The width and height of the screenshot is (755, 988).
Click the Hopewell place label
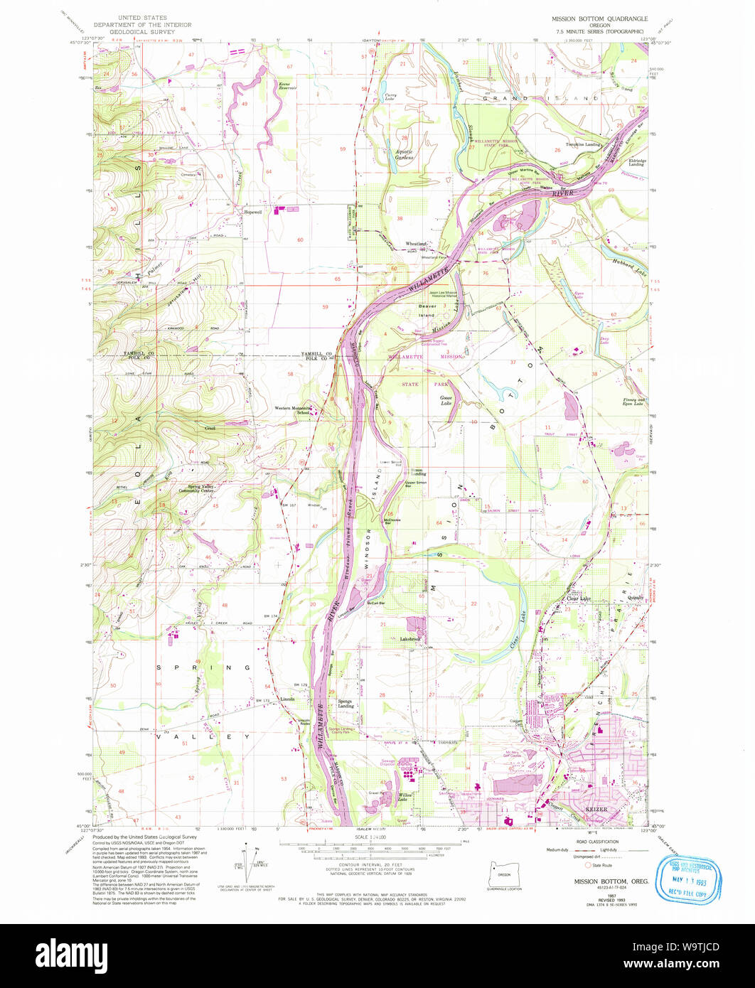click(x=253, y=211)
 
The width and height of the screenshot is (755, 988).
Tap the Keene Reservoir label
click(x=287, y=86)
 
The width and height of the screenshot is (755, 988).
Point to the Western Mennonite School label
click(x=293, y=410)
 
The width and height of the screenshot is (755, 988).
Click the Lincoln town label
click(x=287, y=699)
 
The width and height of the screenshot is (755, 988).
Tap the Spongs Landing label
click(x=346, y=704)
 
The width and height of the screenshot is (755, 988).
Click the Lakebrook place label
click(x=412, y=639)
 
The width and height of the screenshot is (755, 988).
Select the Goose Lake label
click(x=446, y=400)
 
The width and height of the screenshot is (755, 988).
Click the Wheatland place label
click(x=416, y=244)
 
